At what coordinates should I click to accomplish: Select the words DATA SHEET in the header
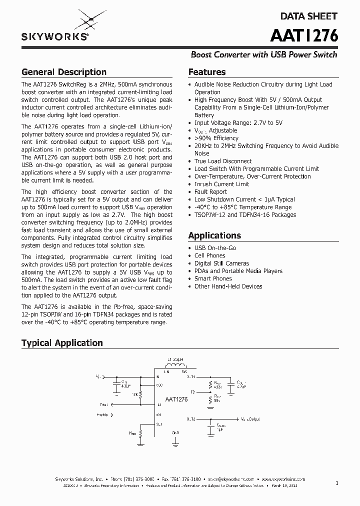[x=308, y=16]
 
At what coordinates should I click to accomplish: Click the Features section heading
[x=206, y=72]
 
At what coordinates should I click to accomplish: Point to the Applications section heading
[x=214, y=235]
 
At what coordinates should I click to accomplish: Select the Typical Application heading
[x=62, y=343]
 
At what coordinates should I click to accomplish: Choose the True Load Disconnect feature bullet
[x=222, y=161]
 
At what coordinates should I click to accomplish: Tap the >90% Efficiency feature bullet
[x=216, y=138]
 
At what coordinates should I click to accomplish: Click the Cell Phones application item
[x=209, y=255]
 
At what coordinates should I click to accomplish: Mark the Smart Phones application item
[x=213, y=278]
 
